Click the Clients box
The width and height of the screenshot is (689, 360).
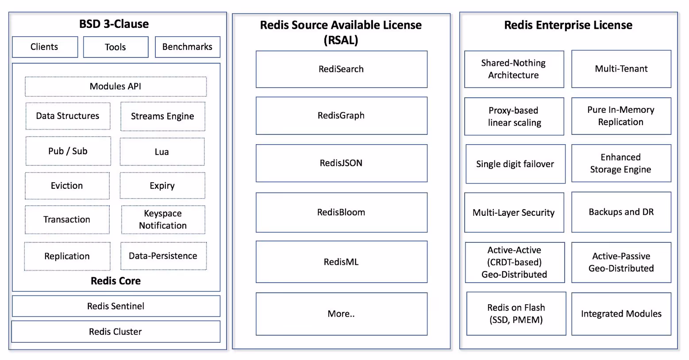(45, 47)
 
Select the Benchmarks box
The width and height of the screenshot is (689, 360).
(187, 47)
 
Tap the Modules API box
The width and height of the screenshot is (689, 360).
(115, 87)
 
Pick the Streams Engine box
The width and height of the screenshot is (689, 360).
(162, 116)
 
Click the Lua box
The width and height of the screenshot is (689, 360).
(162, 152)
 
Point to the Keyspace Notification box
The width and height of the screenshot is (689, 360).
(163, 219)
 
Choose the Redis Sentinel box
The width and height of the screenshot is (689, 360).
(116, 306)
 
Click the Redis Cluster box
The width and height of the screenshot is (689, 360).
(115, 332)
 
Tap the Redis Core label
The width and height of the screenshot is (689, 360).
(115, 281)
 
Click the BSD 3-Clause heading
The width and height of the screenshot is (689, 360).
(114, 24)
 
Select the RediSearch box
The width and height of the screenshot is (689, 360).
(341, 69)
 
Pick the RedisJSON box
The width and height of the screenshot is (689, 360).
(341, 163)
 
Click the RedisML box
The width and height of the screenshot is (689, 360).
(341, 262)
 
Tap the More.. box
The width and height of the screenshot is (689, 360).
(341, 314)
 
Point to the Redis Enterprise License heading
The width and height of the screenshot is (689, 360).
(568, 25)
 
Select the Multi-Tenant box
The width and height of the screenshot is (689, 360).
(621, 69)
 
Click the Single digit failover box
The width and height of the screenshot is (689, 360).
(515, 164)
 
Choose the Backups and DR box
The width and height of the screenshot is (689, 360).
(621, 212)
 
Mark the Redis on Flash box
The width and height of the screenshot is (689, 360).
(516, 314)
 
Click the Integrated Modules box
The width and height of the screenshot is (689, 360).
(621, 314)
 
